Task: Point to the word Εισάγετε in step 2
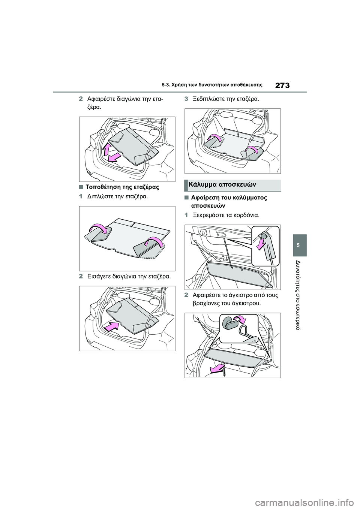99,277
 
